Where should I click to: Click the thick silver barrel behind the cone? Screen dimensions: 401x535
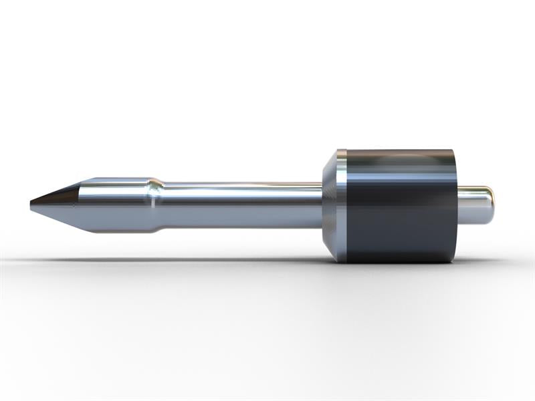[114, 205]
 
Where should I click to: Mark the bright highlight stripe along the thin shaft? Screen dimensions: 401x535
[241, 190]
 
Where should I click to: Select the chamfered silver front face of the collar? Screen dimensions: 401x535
[330, 205]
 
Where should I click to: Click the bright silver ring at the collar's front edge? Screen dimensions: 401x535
[342, 205]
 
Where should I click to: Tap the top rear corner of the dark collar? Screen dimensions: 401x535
[455, 152]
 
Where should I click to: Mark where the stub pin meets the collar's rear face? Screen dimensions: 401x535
[458, 205]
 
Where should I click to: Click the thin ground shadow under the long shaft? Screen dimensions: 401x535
[201, 260]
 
